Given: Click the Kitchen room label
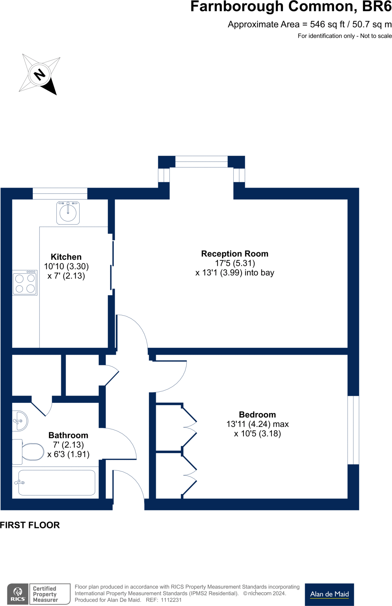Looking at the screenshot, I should click(66, 257).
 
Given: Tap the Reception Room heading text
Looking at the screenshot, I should click(234, 254).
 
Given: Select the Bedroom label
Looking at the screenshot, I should click(257, 415).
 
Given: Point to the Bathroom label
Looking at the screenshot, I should click(68, 435).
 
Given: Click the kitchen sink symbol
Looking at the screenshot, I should click(68, 213).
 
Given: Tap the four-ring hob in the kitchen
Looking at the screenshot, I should click(25, 283).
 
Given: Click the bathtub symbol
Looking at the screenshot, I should click(56, 483).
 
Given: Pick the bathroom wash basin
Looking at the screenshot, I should click(20, 421).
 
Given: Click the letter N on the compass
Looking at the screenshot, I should click(40, 74).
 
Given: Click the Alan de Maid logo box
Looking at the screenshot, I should click(329, 594).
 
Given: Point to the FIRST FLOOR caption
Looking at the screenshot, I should click(30, 525).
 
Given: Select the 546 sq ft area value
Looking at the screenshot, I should click(327, 24).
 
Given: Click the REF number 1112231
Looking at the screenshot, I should click(171, 600).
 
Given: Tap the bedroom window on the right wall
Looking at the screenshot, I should click(353, 430).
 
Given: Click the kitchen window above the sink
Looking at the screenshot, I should click(60, 194).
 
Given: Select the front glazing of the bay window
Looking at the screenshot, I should click(201, 162).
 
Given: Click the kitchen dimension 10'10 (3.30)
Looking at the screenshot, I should click(66, 266).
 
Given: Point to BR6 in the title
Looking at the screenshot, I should click(377, 7).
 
